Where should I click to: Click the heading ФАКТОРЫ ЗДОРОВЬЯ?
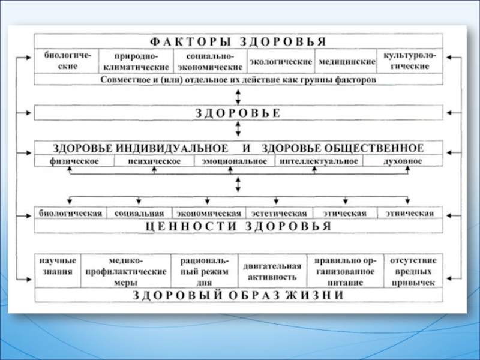(238, 41)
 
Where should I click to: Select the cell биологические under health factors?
(68, 61)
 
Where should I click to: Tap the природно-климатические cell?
(136, 61)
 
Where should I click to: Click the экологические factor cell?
(281, 61)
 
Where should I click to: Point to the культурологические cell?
(410, 61)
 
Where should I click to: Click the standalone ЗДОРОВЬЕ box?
(238, 113)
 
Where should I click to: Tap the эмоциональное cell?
(235, 161)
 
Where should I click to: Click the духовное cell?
(402, 161)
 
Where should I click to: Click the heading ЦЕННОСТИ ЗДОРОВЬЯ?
(238, 226)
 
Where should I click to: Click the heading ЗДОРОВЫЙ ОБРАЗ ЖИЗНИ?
(238, 295)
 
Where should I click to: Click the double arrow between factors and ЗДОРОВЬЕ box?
(239, 96)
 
